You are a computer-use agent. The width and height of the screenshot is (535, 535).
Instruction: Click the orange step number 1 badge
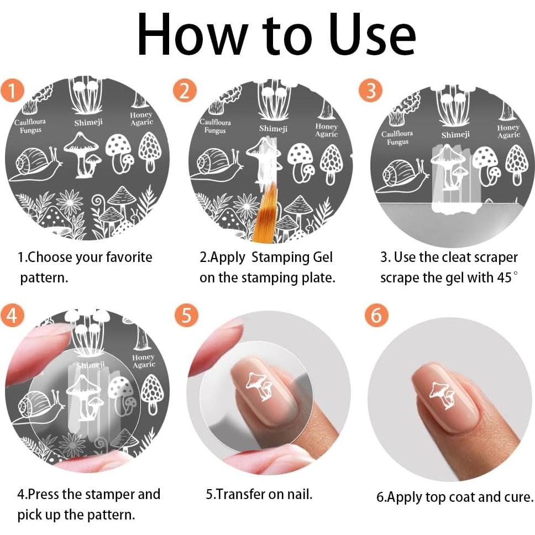pyautogui.click(x=12, y=91)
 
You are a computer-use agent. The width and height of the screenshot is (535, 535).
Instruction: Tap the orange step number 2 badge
pyautogui.click(x=185, y=91)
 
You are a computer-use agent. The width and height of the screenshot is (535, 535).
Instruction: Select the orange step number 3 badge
pyautogui.click(x=370, y=91)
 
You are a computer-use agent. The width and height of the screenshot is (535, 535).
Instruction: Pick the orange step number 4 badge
pyautogui.click(x=12, y=315)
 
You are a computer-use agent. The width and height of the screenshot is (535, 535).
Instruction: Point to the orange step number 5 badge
pyautogui.click(x=186, y=315)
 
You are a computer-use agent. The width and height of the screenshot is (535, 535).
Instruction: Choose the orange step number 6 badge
pyautogui.click(x=376, y=315)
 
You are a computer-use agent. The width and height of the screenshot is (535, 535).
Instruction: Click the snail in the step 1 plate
pyautogui.click(x=36, y=164)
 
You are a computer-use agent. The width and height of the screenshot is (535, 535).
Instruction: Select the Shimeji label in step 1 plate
pyautogui.click(x=88, y=122)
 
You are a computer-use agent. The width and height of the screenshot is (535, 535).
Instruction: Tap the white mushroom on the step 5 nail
pyautogui.click(x=259, y=386)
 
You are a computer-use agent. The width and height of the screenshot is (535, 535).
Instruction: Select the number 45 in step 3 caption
pyautogui.click(x=504, y=277)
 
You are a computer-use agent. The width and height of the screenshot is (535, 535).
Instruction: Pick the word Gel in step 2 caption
pyautogui.click(x=322, y=257)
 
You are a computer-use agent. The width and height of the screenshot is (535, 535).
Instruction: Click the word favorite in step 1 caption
pyautogui.click(x=129, y=257)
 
